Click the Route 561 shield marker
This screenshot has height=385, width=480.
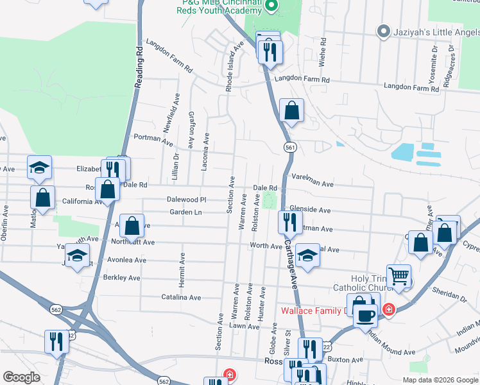coord(291,147)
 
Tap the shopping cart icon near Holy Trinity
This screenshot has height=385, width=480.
coord(399,276)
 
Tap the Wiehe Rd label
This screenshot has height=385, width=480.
coord(323,52)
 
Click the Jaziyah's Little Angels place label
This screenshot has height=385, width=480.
coord(434,31)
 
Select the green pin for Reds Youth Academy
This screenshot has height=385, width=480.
coord(271,6)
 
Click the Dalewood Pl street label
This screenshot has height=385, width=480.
coord(186,200)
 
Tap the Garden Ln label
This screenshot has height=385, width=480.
coord(185,212)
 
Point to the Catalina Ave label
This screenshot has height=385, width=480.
coord(181,298)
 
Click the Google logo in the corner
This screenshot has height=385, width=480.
coord(21,377)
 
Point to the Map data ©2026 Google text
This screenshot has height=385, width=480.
coord(439,379)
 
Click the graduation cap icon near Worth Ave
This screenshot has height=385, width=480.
coord(307,254)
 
